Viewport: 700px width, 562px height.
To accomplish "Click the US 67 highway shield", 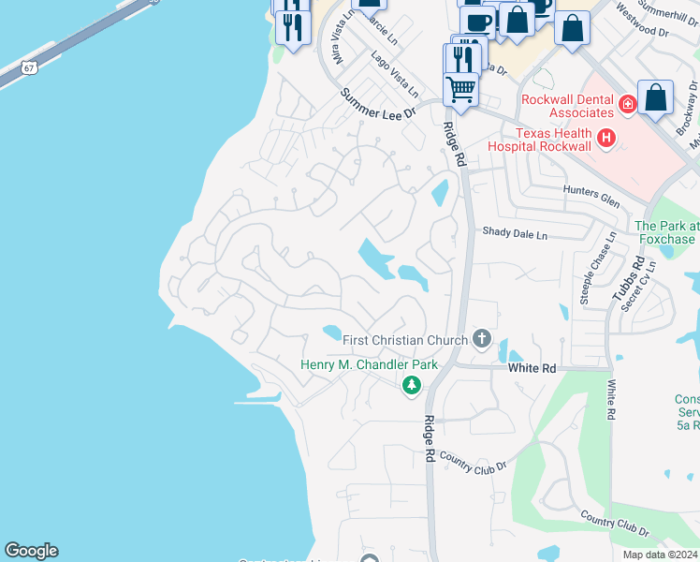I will coord(31,67).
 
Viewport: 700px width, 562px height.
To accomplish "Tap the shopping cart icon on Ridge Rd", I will coord(460,89).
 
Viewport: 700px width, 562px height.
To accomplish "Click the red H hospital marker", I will coord(606,139).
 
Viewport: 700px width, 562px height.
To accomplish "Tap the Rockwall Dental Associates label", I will coord(568,106).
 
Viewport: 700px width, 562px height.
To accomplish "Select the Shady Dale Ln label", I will coord(515,233).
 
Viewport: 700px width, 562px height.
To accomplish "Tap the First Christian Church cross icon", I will coord(482,338).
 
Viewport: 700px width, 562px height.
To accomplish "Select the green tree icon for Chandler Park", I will coord(411,385).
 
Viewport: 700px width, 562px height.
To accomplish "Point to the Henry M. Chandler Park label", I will coord(369,364).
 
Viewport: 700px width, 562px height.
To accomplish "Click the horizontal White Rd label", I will coord(532,369).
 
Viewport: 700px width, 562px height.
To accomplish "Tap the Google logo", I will coord(31,551).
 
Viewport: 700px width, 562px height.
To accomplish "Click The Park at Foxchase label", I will coord(666,232).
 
